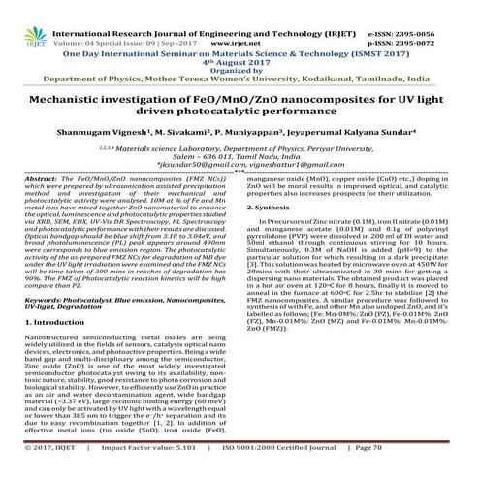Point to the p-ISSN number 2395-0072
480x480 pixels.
(x=445, y=17)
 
